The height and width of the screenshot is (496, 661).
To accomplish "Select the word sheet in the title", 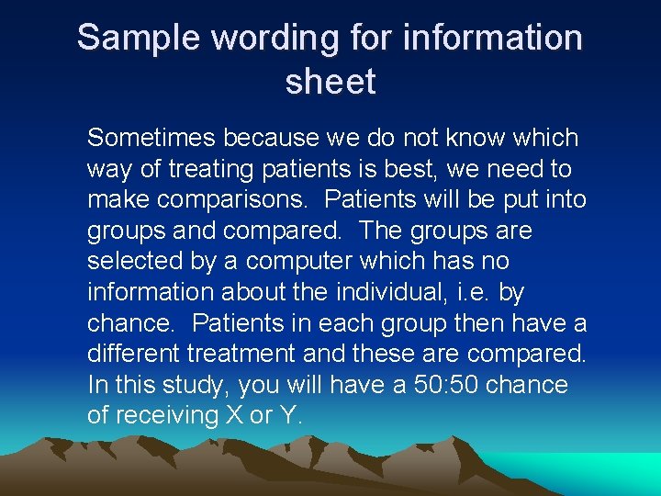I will [x=330, y=83].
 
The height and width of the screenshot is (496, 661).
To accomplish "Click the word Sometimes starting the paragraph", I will [x=153, y=139].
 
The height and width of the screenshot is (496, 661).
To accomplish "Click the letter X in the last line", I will [x=233, y=415].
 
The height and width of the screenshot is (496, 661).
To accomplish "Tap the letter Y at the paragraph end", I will [x=287, y=415].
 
